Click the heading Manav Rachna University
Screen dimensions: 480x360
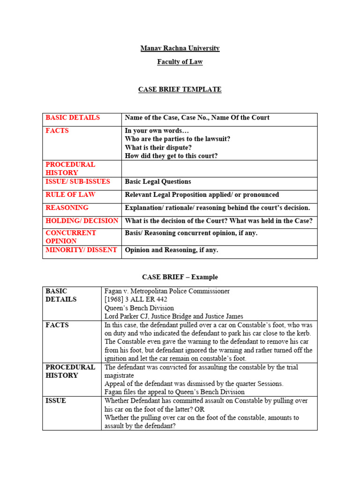180,48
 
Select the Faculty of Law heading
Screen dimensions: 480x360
180,62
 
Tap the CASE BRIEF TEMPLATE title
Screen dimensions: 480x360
180,90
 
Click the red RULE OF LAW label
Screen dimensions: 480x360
70,195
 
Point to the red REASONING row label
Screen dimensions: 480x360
67,208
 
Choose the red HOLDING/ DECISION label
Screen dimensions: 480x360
82,221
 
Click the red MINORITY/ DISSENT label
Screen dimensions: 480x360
81,250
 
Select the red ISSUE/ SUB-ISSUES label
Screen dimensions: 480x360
78,181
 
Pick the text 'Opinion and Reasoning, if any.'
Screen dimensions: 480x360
172,250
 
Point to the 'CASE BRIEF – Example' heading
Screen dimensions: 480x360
180,277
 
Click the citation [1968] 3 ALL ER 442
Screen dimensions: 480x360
136,300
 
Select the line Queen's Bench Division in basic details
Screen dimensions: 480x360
139,308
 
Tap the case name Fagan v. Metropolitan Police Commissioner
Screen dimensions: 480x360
167,291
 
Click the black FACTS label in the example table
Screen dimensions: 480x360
57,325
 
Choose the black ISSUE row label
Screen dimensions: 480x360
56,401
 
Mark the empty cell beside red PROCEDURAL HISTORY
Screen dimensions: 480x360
219,169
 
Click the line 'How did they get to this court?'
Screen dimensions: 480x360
172,156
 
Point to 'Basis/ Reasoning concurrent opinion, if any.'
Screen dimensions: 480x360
191,233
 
